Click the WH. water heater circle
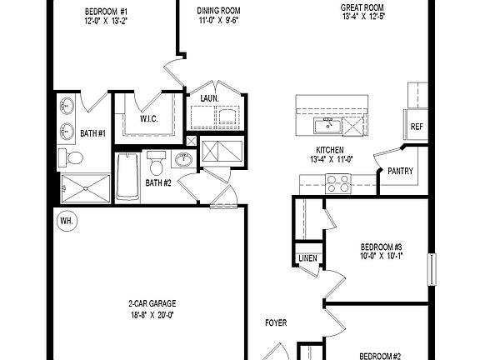coord(66,221)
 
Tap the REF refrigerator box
coord(417,127)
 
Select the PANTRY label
coord(401,172)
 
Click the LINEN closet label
coord(307,260)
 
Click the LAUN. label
coord(210,98)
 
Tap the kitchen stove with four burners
coord(341,179)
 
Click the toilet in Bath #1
coord(74,158)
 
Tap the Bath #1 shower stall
coord(85,188)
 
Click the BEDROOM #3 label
coord(382,247)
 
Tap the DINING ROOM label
coord(219,11)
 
